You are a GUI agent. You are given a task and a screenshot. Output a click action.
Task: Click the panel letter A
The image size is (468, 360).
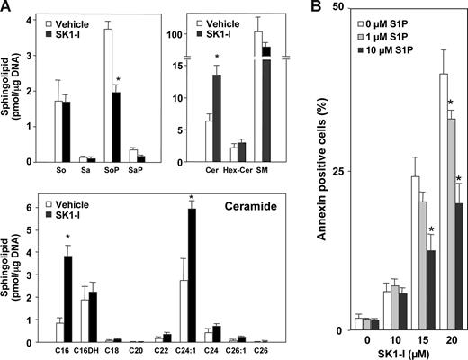coord(7,8)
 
